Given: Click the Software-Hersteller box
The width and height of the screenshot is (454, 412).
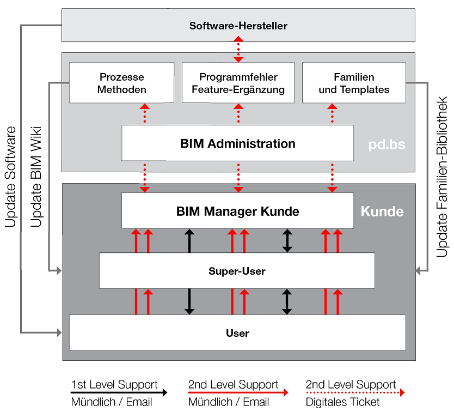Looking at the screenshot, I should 238,26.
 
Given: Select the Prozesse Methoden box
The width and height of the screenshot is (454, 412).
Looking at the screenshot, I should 122,83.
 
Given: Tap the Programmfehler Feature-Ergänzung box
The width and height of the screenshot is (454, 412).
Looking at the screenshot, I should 238,83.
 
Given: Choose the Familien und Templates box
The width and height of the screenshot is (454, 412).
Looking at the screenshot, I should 354,83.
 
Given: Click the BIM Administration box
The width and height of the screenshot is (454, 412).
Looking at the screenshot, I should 237,144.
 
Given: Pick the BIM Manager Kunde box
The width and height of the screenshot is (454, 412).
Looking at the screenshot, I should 237,211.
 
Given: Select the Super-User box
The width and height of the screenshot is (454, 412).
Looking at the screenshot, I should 237,271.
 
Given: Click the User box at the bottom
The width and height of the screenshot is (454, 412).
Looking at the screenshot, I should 237,332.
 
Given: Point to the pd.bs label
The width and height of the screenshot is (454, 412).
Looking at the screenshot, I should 386,146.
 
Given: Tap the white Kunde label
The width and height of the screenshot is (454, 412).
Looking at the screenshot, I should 382,211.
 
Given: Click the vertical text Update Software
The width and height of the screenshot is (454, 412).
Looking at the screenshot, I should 11,177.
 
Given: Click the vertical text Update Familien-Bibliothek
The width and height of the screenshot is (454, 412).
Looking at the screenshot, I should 442,177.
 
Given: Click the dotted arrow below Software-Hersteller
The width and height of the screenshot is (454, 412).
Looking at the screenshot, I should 238,49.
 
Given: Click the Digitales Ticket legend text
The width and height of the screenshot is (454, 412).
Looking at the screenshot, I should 343,403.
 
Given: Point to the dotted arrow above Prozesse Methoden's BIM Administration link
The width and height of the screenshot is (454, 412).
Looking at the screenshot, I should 145,114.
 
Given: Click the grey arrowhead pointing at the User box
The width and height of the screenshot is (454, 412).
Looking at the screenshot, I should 59,332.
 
